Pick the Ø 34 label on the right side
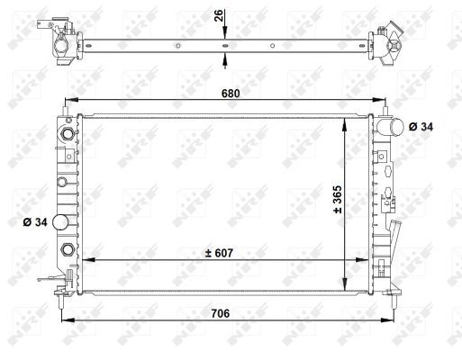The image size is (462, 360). point(420,127)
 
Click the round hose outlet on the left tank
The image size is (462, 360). point(62,222)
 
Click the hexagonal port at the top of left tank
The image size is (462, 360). point(65,136)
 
